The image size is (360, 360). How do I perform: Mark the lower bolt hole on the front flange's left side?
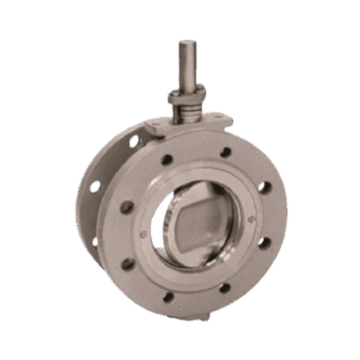[128, 264]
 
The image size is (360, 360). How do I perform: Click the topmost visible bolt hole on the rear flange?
[134, 142]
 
